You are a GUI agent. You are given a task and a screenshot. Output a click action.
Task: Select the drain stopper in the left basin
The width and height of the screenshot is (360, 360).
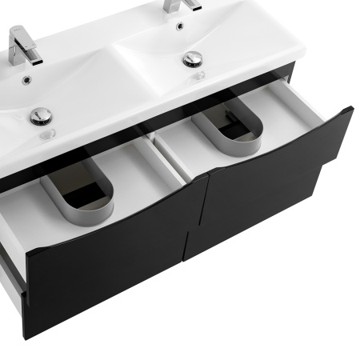(41, 116)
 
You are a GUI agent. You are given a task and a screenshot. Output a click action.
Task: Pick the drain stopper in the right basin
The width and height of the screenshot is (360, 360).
(192, 58)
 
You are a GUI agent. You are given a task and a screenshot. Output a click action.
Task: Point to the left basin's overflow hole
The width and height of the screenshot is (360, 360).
(27, 79)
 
